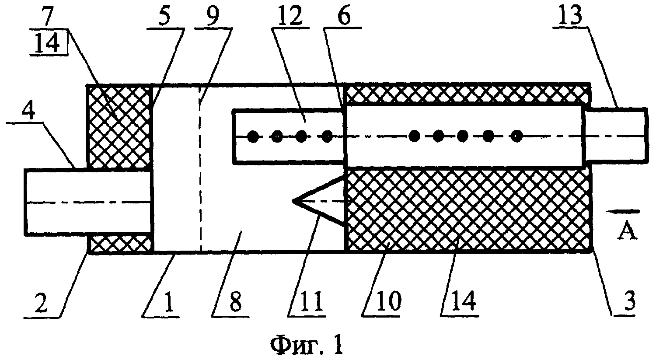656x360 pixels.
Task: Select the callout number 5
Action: [x=164, y=17]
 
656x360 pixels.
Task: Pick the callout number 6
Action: [x=344, y=17]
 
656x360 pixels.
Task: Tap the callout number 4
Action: [x=28, y=112]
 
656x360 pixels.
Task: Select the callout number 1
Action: [x=169, y=302]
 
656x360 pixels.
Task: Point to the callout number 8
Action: [x=236, y=302]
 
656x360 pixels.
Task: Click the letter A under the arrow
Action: [x=627, y=231]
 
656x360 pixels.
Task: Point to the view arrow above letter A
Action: [x=623, y=211]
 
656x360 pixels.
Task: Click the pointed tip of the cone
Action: [x=293, y=201]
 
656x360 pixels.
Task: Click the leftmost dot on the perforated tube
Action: [x=253, y=136]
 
